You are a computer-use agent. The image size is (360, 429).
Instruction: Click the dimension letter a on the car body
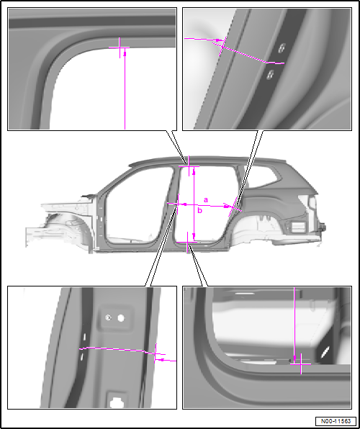(x=206, y=200)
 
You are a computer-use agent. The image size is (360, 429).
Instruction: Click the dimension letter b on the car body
(x=200, y=210)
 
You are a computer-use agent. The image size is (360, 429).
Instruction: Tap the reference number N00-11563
(x=336, y=421)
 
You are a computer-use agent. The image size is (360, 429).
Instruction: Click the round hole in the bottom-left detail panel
(x=121, y=318)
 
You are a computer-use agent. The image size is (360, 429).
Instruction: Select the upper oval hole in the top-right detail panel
(x=281, y=48)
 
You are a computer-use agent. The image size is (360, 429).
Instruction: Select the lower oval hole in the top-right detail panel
(x=270, y=74)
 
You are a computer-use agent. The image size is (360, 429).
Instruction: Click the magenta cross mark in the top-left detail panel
(x=120, y=48)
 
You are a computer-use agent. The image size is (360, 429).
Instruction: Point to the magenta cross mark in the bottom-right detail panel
(x=300, y=364)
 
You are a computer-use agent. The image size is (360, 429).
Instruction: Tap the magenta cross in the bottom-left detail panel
(x=156, y=353)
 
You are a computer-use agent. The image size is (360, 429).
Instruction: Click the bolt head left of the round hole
(x=109, y=317)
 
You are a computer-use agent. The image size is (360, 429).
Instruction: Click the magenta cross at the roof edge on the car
(x=189, y=166)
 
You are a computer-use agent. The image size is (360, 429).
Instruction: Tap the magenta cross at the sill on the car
(x=187, y=242)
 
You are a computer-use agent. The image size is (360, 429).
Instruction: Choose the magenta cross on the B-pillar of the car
(x=178, y=204)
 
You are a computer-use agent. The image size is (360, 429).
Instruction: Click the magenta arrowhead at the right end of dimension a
(x=226, y=207)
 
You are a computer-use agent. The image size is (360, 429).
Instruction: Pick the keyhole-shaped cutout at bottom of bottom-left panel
(x=114, y=402)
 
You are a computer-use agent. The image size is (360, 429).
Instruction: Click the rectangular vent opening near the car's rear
(x=298, y=227)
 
